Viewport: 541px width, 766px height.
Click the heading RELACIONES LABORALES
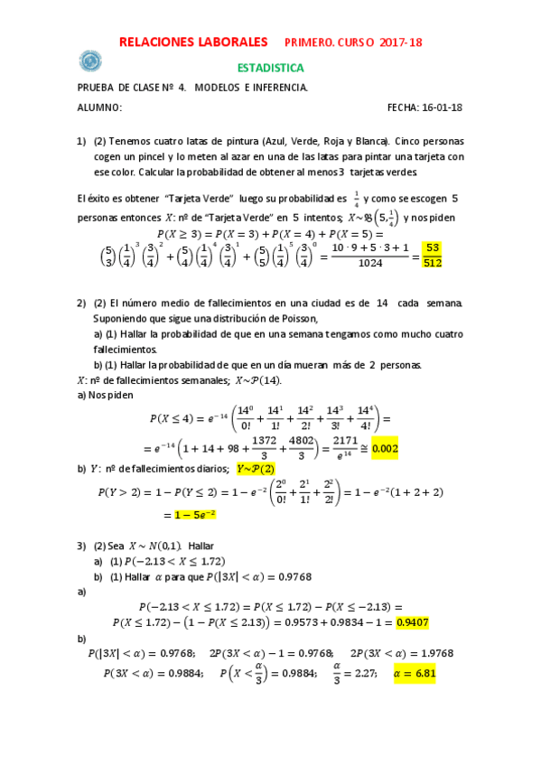pos(193,42)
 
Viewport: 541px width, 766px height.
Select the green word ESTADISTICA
pos(270,68)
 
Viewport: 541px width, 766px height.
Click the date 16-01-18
pos(443,107)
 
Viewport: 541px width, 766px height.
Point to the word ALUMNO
pos(99,107)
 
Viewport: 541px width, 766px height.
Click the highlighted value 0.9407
pos(414,621)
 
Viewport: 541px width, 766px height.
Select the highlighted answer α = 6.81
pos(414,673)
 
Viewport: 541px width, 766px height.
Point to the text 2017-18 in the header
pos(401,42)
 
